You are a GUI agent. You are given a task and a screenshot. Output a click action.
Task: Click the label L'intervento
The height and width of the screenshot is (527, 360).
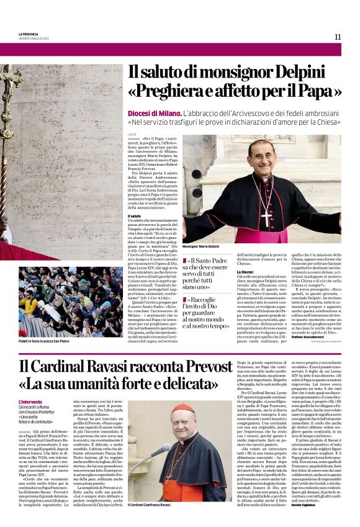pyautogui.click(x=31, y=402)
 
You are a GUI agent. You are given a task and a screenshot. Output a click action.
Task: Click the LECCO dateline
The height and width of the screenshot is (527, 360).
pyautogui.click(x=132, y=135)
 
